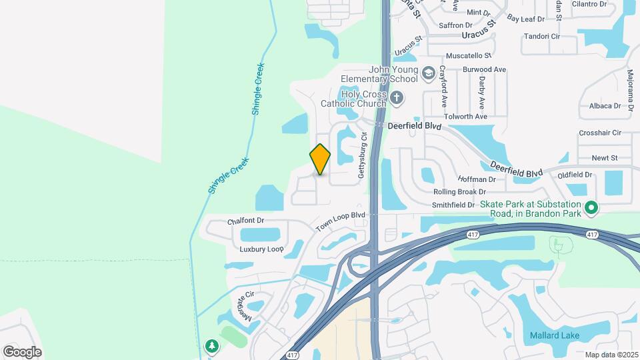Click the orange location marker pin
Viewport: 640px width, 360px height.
point(320,159)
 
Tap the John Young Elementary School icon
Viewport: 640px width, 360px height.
point(428,72)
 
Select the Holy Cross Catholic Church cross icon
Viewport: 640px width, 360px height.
point(397,99)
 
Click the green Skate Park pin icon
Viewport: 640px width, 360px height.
point(590,209)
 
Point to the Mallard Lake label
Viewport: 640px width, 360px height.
point(554,335)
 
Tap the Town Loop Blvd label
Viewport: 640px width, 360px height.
point(341,221)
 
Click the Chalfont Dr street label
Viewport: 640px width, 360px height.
point(246,221)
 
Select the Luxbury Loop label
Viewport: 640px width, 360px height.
point(262,249)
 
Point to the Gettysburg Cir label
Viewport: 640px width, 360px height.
point(363,155)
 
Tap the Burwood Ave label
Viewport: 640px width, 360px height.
point(485,69)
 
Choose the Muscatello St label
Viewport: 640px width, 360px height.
point(468,55)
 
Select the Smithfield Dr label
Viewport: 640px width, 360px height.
point(453,205)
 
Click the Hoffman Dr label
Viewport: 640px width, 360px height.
point(477,179)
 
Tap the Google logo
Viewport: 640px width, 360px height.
point(22,352)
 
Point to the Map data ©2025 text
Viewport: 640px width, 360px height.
point(612,355)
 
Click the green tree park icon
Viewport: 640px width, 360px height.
point(212,346)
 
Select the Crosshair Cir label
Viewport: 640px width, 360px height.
point(600,133)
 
